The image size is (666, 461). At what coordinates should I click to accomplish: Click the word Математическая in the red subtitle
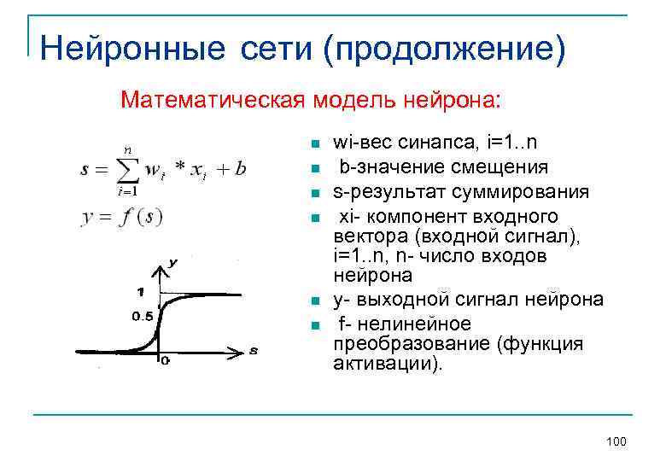(211, 100)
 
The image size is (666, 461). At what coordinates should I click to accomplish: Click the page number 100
(615, 441)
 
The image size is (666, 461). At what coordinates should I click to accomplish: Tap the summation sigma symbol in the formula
(126, 170)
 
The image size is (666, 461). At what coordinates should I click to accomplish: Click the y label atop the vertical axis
(173, 264)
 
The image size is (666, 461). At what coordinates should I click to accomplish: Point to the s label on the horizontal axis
(254, 350)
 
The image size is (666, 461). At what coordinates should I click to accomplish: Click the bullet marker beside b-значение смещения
(314, 167)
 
